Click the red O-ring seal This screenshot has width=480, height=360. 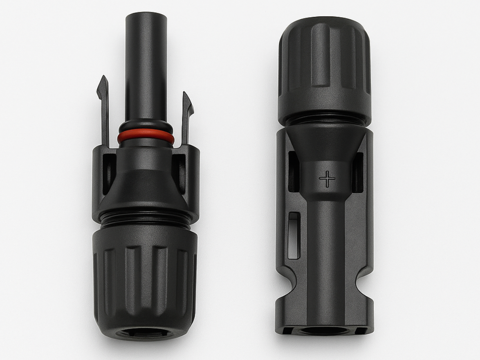click(146, 137)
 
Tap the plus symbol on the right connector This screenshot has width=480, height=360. click(327, 179)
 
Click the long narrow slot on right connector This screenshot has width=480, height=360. click(294, 235)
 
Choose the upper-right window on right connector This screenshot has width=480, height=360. click(358, 172)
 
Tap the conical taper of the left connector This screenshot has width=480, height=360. click(145, 184)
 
